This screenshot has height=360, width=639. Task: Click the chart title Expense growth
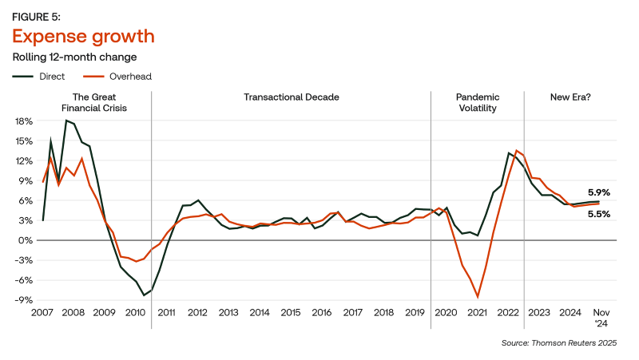[x=82, y=37]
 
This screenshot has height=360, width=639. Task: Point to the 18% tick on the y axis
[x=23, y=121]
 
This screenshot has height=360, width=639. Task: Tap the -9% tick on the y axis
[x=23, y=300]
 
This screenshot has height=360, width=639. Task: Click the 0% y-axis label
[x=26, y=240]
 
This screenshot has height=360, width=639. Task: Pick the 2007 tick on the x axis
[x=43, y=312]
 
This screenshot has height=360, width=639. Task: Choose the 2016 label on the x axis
[x=321, y=312]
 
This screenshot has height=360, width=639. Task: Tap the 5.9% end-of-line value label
[x=599, y=192]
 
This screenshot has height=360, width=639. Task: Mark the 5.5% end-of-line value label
[x=599, y=214]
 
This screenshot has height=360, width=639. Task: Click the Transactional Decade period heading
[x=292, y=97]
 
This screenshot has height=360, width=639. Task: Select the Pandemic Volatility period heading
[x=478, y=102]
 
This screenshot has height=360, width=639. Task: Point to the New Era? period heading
[x=570, y=97]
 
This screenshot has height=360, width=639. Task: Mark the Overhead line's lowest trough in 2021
[x=478, y=297]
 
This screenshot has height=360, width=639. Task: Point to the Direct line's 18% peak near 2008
[x=66, y=121]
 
